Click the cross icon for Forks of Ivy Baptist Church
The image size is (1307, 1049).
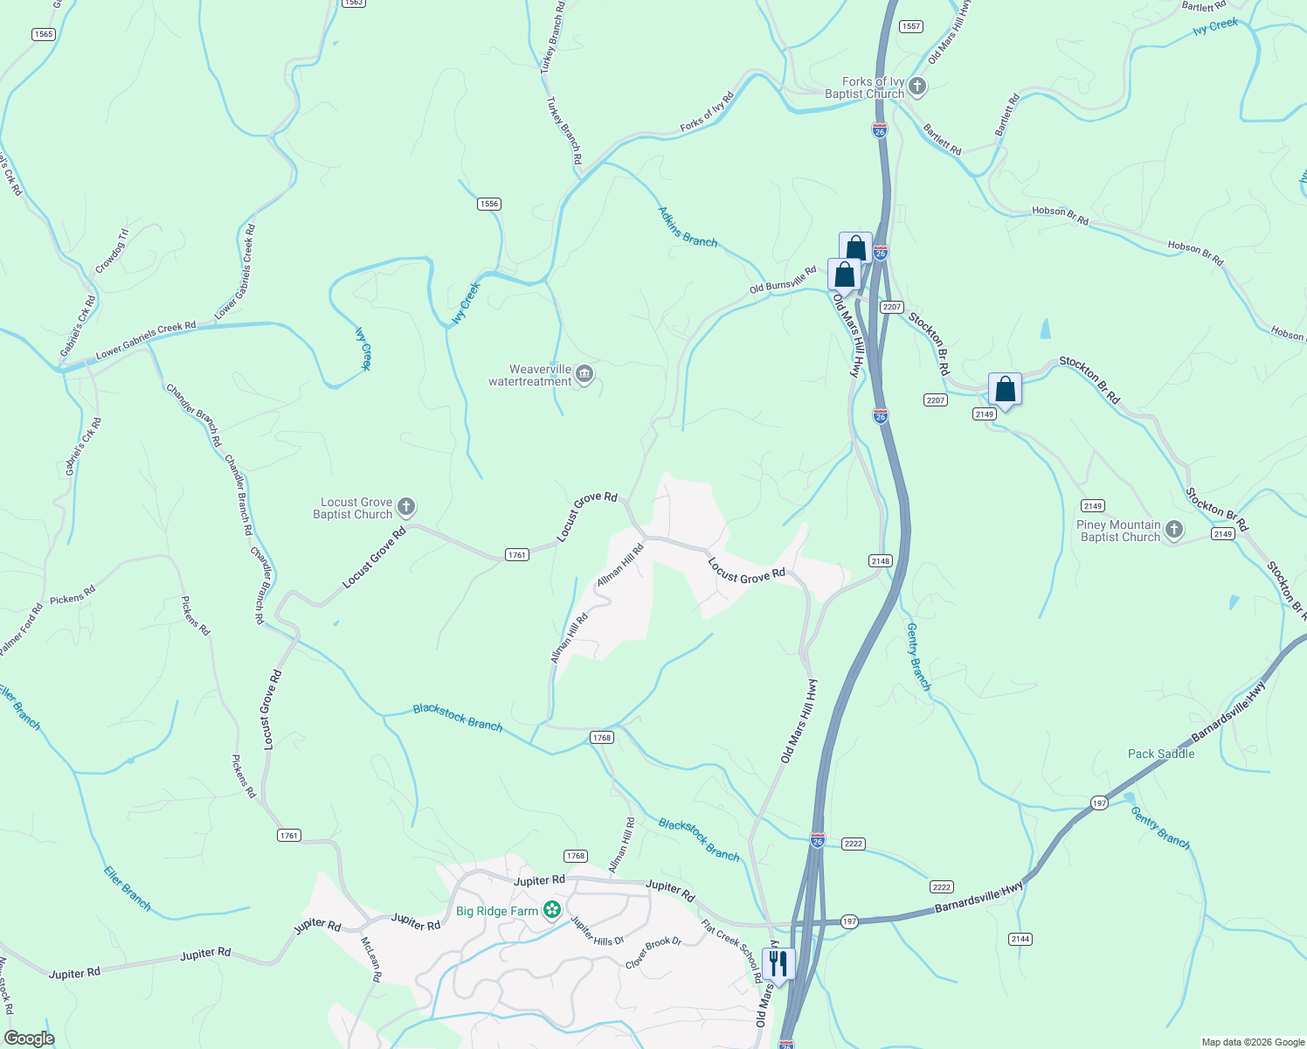click(x=916, y=87)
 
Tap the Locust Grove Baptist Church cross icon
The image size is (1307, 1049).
click(x=405, y=507)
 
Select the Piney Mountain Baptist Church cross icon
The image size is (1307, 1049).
click(x=1174, y=530)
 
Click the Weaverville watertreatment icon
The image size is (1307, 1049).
click(x=584, y=375)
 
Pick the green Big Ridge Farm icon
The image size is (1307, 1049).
click(x=551, y=911)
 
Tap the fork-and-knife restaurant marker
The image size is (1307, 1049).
click(x=778, y=963)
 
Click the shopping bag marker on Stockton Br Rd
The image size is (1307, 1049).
click(x=1005, y=389)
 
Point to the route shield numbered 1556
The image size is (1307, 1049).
click(x=488, y=204)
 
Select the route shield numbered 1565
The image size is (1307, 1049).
click(x=43, y=34)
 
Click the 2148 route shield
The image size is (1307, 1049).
click(x=880, y=560)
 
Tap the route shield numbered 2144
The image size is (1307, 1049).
click(x=1020, y=939)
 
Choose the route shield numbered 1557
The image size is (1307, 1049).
click(x=910, y=26)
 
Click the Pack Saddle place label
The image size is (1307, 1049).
click(x=1160, y=754)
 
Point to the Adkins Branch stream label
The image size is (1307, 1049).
click(x=688, y=226)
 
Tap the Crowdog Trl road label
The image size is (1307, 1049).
click(x=112, y=250)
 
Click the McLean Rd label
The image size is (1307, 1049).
click(x=371, y=960)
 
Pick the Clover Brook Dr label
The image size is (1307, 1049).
click(x=653, y=953)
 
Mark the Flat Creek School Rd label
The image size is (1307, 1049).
click(x=731, y=950)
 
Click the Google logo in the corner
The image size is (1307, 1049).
click(x=29, y=1039)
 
